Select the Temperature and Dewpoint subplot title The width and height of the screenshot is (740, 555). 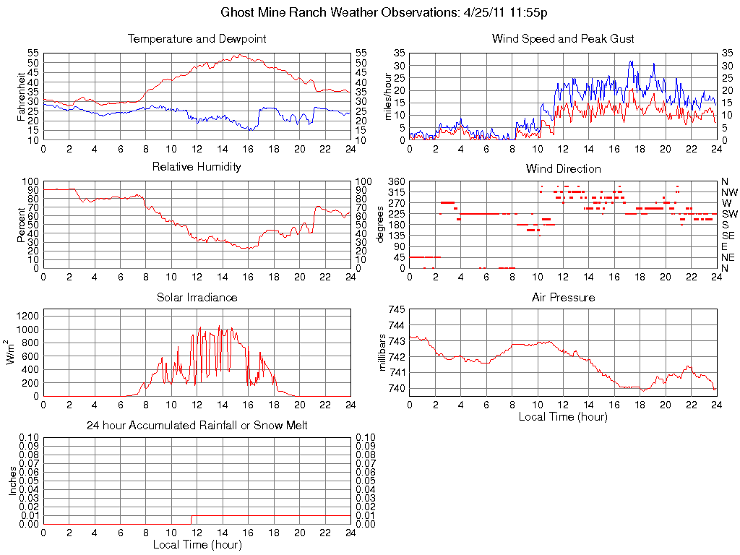pyautogui.click(x=197, y=38)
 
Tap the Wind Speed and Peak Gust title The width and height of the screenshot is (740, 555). pyautogui.click(x=563, y=38)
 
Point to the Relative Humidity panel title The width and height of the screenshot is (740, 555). pyautogui.click(x=197, y=167)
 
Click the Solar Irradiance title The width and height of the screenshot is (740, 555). pyautogui.click(x=197, y=297)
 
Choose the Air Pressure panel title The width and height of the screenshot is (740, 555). pyautogui.click(x=563, y=297)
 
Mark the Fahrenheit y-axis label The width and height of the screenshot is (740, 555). pyautogui.click(x=21, y=96)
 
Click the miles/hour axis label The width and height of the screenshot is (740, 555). pyautogui.click(x=387, y=96)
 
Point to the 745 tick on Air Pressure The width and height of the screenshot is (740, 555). pyautogui.click(x=397, y=309)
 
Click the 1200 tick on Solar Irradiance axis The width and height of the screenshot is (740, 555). pyautogui.click(x=28, y=316)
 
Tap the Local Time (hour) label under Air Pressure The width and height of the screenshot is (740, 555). pyautogui.click(x=563, y=416)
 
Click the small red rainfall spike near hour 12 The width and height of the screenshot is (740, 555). pyautogui.click(x=191, y=520)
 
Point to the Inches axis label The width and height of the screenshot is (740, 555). pyautogui.click(x=12, y=481)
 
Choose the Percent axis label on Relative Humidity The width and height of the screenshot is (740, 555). pyautogui.click(x=21, y=225)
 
